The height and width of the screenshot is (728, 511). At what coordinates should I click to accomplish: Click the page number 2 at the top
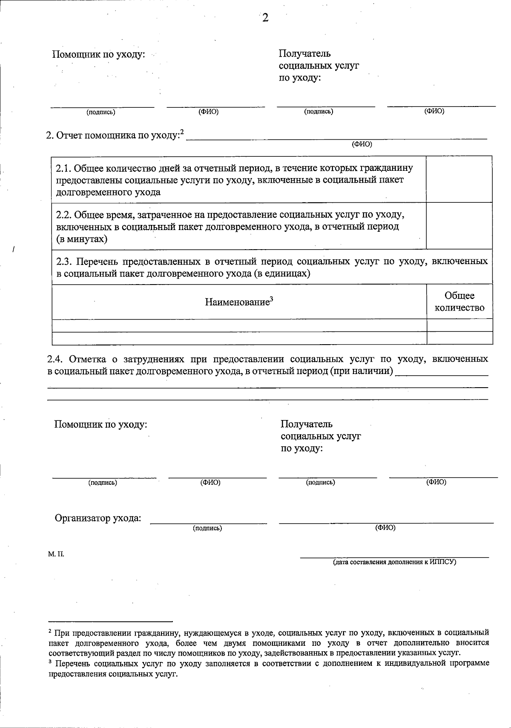(265, 18)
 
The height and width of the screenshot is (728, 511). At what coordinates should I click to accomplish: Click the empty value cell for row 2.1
(459, 179)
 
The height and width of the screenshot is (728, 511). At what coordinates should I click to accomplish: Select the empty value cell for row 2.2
(459, 225)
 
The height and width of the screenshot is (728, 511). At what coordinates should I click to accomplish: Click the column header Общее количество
(459, 302)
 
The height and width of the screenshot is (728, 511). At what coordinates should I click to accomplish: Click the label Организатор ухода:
(98, 518)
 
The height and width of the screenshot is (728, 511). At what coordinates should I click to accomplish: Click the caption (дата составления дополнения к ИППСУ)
(394, 562)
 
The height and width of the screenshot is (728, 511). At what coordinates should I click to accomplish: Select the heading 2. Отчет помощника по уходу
(114, 135)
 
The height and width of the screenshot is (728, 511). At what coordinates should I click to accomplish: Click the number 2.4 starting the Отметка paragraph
(55, 359)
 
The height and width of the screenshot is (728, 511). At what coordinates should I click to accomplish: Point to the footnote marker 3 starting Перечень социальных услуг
(50, 662)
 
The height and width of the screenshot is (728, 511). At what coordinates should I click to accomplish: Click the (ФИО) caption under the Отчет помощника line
(362, 144)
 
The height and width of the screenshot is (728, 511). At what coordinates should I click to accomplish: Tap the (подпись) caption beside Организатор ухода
(207, 528)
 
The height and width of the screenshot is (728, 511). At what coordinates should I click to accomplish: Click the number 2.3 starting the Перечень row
(64, 261)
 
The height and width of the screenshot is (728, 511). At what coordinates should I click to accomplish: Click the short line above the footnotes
(111, 621)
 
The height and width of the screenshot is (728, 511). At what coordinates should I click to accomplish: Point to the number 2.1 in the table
(64, 168)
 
